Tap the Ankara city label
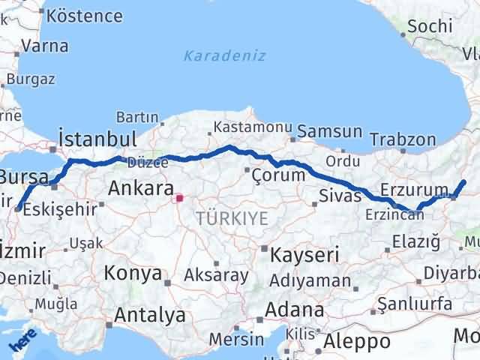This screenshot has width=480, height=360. (x=141, y=188)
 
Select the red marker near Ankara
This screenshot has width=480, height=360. (x=179, y=199)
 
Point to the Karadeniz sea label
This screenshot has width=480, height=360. (x=224, y=55)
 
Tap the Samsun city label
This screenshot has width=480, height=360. (x=329, y=132)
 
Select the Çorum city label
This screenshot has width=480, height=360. (x=279, y=175)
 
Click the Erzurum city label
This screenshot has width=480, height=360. (x=410, y=189)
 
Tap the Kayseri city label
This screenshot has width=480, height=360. (x=306, y=254)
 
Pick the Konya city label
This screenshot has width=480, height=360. (x=133, y=273)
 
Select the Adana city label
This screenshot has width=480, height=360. (x=298, y=310)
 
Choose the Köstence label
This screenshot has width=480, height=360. (x=84, y=16)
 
